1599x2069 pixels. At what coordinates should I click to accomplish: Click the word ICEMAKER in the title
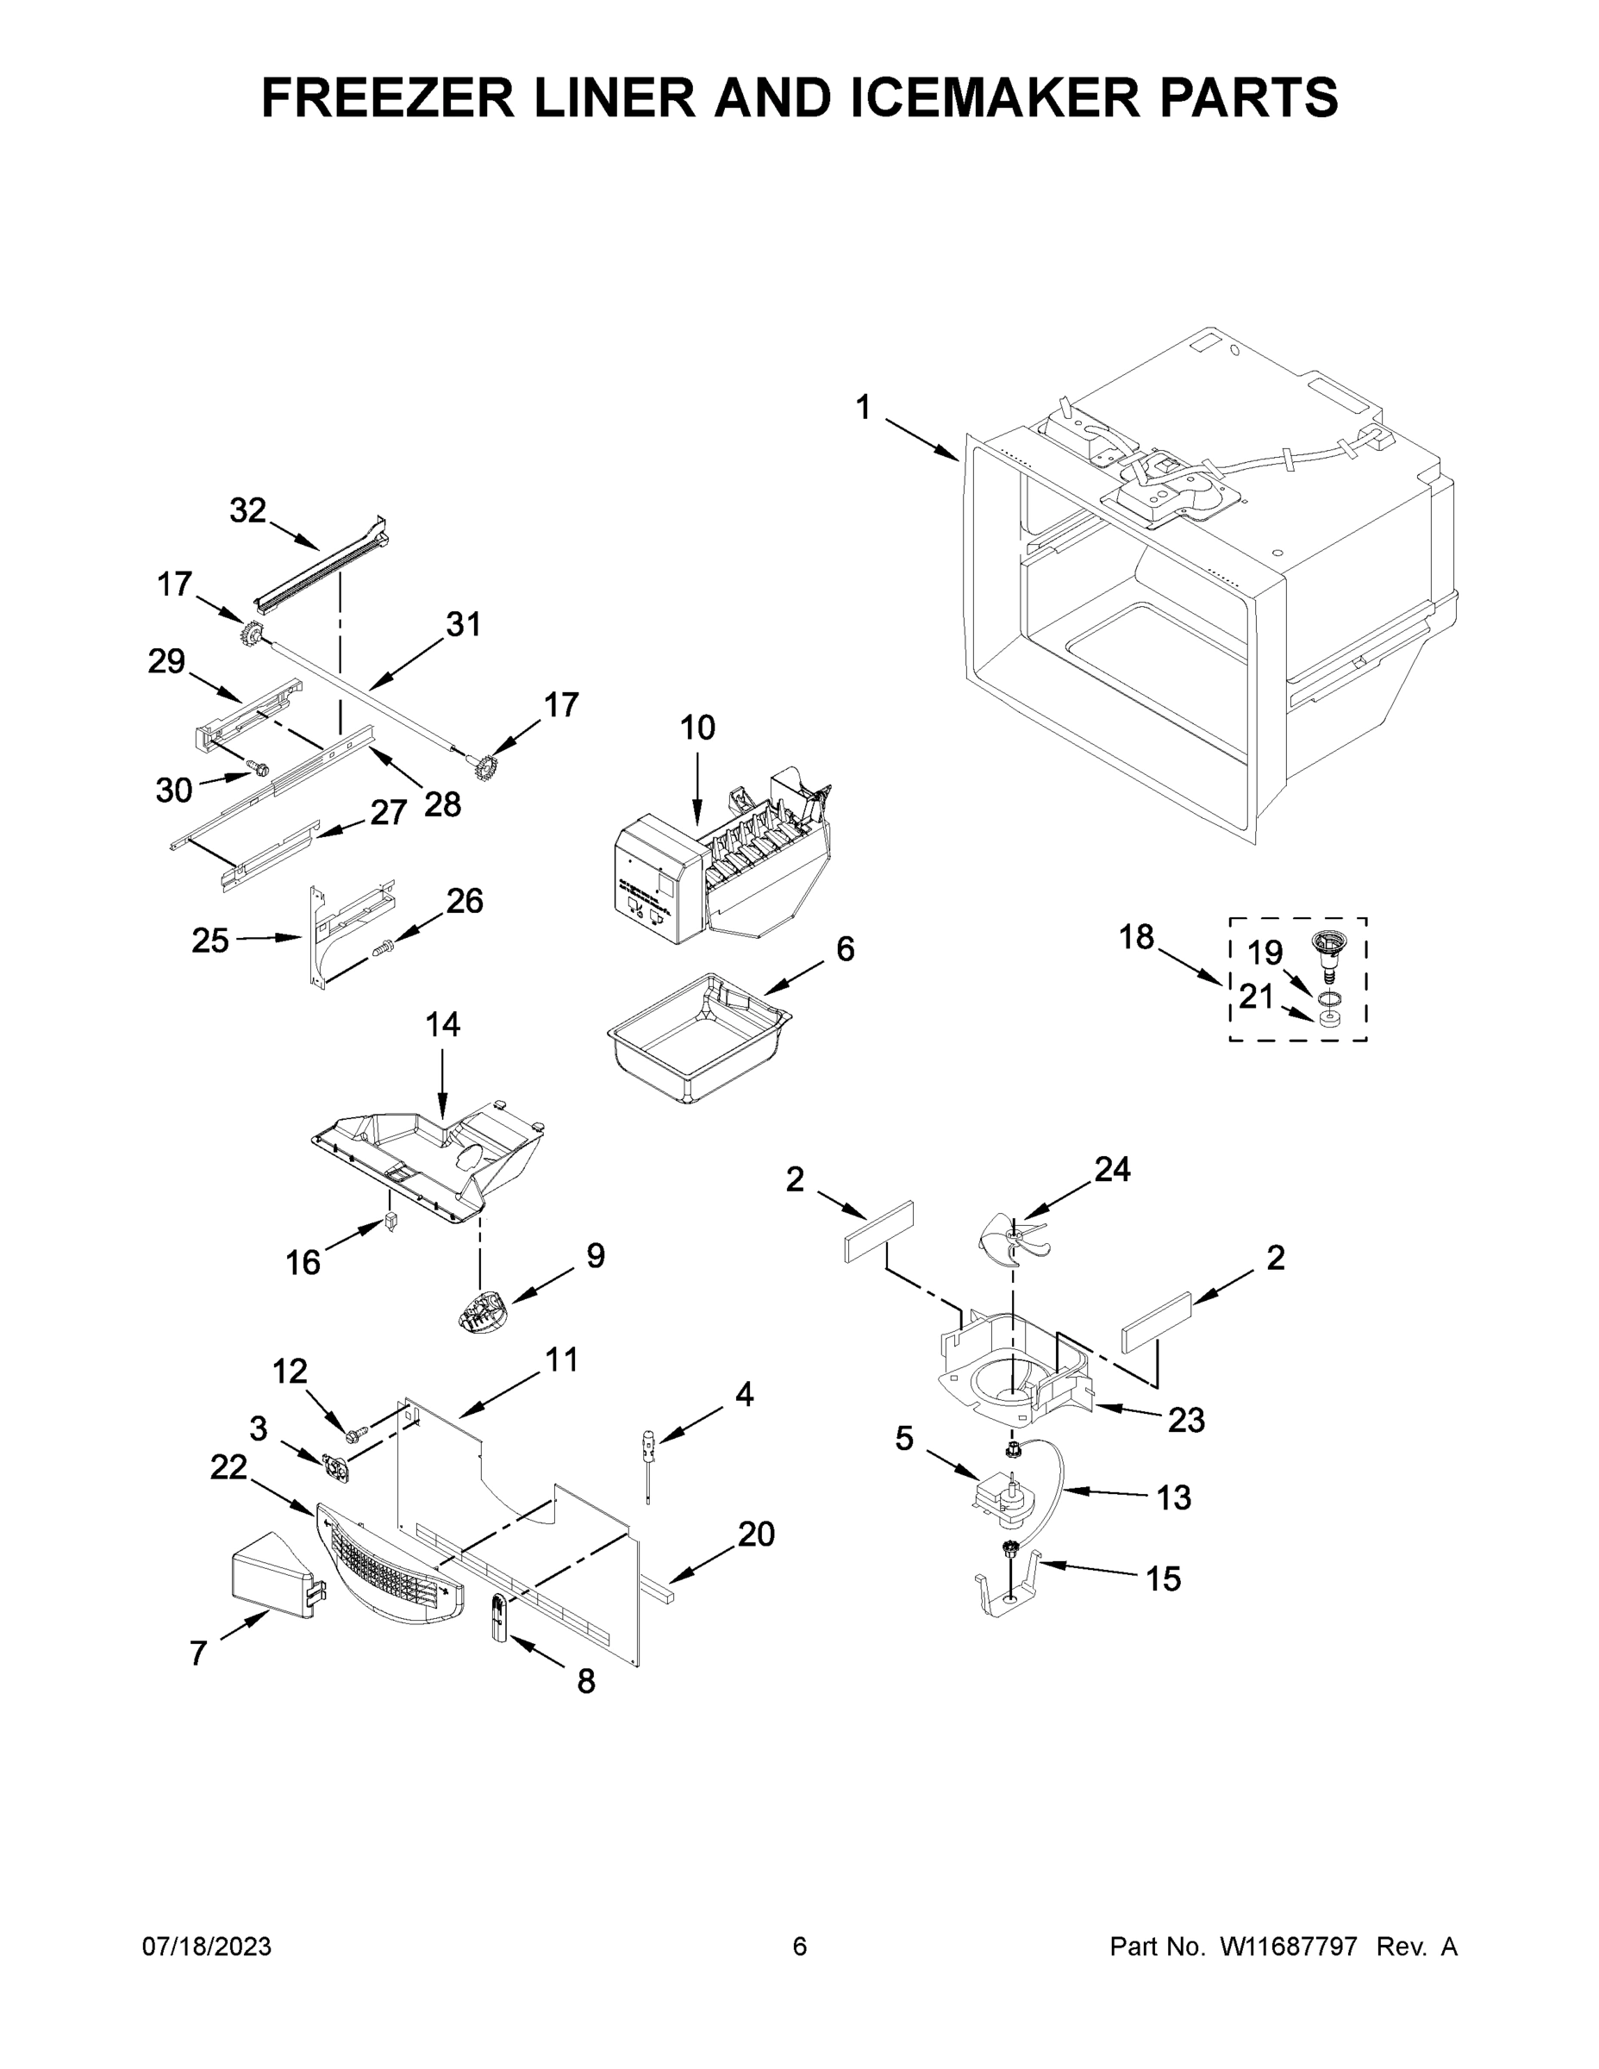click(x=996, y=97)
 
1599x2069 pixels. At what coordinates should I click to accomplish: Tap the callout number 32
click(x=248, y=510)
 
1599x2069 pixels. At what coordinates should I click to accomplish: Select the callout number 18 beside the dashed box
click(x=1136, y=937)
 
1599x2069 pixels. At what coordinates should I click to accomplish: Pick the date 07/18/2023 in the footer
click(x=207, y=1947)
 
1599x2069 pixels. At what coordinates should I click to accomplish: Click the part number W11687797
click(x=1289, y=1947)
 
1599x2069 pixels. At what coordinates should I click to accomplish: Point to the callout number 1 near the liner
click(x=862, y=409)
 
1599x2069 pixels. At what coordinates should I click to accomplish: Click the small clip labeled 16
click(x=390, y=1222)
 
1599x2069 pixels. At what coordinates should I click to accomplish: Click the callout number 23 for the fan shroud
click(x=1185, y=1419)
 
